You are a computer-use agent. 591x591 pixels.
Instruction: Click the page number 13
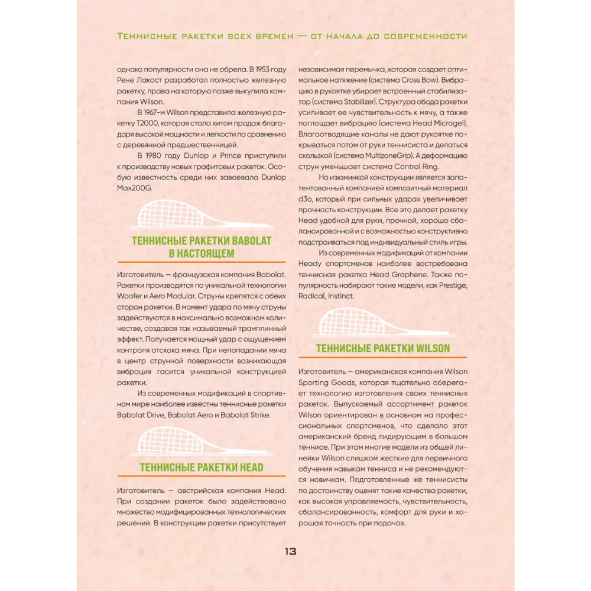[290, 551]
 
